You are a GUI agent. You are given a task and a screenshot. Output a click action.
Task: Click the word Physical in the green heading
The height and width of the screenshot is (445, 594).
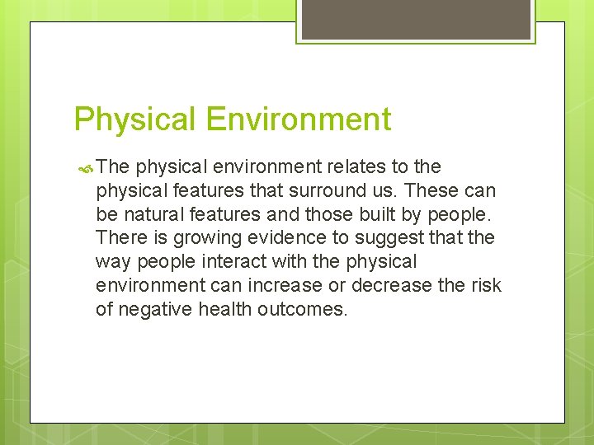tap(135, 120)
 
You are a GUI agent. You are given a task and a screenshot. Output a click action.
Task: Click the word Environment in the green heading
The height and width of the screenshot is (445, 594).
tap(298, 119)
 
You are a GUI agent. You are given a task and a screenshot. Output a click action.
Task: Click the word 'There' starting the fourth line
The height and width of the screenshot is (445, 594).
tap(120, 238)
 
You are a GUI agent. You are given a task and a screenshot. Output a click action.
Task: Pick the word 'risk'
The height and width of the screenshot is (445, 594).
tap(486, 285)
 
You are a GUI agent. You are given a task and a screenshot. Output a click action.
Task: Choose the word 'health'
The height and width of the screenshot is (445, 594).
tap(223, 309)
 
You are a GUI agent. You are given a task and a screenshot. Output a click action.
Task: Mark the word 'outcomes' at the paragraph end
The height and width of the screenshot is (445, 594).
tap(302, 309)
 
